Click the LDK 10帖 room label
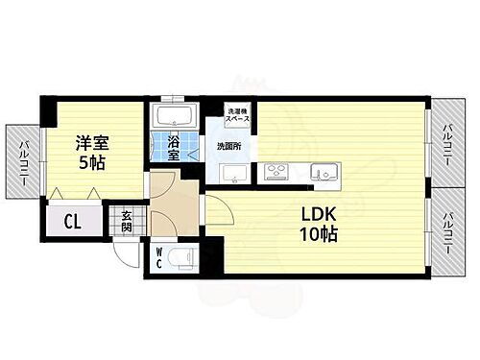[317, 224]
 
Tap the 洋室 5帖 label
[94, 151]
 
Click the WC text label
[159, 257]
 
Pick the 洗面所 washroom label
[228, 147]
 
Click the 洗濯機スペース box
[237, 116]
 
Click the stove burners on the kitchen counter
[276, 173]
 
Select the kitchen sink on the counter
[325, 173]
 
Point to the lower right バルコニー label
[447, 231]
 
